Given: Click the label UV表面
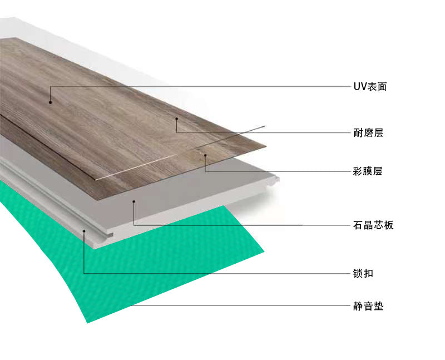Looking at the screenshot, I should (x=369, y=87).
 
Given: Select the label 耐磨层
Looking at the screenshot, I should (x=368, y=133).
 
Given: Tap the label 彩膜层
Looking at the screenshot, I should (x=368, y=171).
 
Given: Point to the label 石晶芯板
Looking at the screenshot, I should (x=373, y=225).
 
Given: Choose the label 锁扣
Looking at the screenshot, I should (x=362, y=274).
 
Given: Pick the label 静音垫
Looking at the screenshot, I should (x=368, y=306).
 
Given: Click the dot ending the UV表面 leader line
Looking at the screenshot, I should (x=50, y=102).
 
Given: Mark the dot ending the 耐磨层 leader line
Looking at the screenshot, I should (x=176, y=118).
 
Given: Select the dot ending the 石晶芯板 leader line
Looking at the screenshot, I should (x=134, y=201).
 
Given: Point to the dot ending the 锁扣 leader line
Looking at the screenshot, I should (x=84, y=230).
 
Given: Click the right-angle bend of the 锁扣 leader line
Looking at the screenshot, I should (x=84, y=273).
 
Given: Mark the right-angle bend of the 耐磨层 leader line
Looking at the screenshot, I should (x=176, y=132).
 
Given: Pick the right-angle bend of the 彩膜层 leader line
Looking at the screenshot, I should (x=205, y=170).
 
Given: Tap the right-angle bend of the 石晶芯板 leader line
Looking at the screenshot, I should (x=134, y=224).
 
